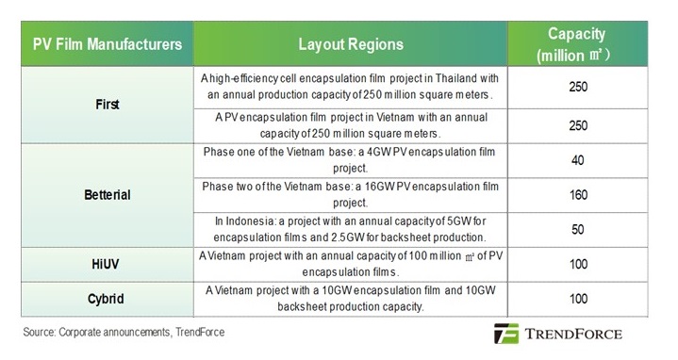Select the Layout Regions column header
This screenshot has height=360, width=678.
[350, 44]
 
